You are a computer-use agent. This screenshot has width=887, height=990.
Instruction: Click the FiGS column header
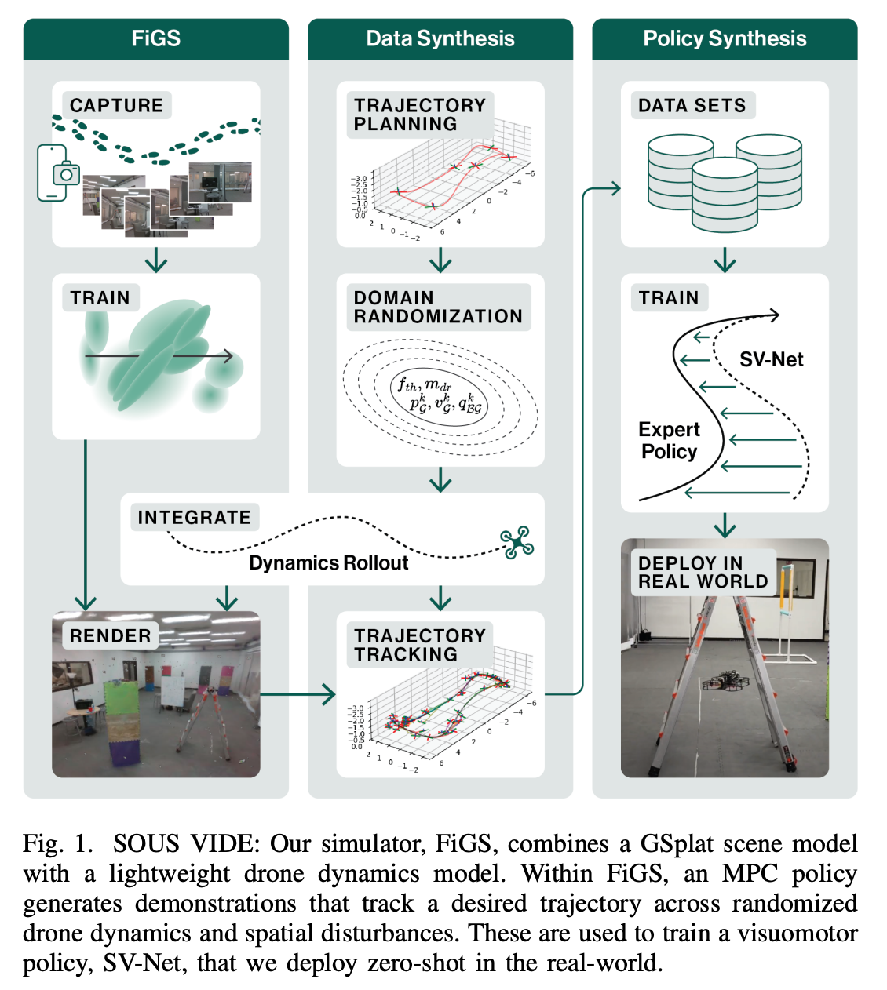click(156, 38)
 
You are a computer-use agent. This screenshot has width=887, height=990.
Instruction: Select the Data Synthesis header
click(440, 38)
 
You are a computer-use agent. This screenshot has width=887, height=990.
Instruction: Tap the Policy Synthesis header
click(725, 38)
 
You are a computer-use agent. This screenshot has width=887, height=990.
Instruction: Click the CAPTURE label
click(116, 105)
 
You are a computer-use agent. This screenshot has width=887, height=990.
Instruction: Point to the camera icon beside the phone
click(67, 173)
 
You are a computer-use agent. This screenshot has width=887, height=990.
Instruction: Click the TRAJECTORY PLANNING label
click(419, 115)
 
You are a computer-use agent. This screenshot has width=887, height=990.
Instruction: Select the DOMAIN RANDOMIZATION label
click(438, 307)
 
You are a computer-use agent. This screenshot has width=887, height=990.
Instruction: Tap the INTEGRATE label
click(194, 517)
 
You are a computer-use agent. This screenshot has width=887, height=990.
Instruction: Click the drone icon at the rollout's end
click(517, 542)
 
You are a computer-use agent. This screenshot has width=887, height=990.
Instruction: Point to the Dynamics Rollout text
click(329, 563)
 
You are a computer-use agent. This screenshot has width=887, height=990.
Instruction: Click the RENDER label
click(110, 635)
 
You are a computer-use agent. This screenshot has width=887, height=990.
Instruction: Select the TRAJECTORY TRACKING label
click(419, 645)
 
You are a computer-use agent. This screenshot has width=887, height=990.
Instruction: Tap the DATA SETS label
click(692, 105)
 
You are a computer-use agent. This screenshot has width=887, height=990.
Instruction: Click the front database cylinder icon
click(725, 195)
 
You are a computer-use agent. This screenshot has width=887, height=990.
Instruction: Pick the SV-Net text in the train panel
click(771, 359)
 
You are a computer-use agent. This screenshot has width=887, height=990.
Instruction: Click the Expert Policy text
click(669, 440)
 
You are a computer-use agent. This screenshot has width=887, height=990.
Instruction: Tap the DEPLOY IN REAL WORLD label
click(703, 572)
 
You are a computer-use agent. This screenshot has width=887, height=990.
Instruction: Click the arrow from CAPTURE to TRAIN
click(156, 260)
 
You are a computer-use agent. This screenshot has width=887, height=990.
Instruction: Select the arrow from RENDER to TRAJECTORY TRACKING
click(297, 694)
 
